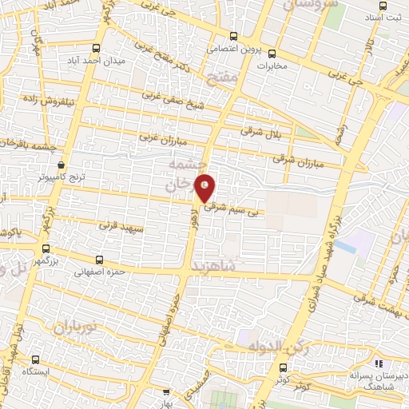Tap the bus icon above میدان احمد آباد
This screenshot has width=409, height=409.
point(97,48)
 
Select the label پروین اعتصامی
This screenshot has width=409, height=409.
point(232,48)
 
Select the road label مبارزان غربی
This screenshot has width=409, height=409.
point(162,139)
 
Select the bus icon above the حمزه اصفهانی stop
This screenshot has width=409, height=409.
point(100,260)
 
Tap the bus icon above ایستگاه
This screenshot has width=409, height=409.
point(34,359)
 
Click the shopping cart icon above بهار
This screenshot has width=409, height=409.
point(166,392)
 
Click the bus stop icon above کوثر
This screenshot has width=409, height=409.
point(285,367)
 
